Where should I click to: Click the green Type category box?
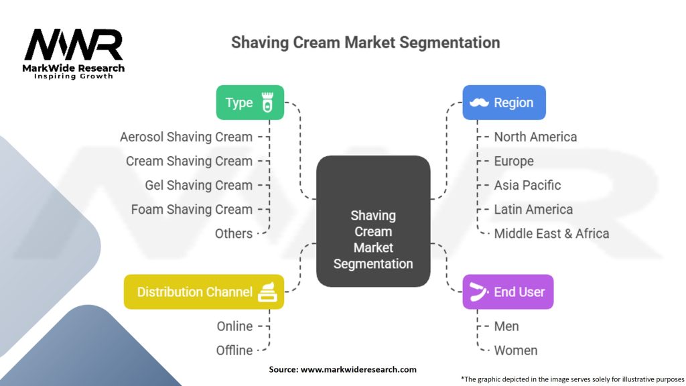[250, 103]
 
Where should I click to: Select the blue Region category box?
[504, 103]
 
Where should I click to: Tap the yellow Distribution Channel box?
[204, 292]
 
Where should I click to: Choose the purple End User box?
[508, 292]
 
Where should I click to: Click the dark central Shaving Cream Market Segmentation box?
[373, 221]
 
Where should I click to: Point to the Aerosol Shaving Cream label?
[186, 137]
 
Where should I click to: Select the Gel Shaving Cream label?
[198, 185]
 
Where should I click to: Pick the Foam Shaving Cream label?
[192, 209]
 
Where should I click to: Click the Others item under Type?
[234, 234]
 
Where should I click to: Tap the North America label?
[535, 137]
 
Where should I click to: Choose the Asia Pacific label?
[527, 185]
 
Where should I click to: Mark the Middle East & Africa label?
[551, 234]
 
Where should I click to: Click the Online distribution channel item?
[234, 326]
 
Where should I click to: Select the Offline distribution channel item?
[234, 350]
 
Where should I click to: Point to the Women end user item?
[515, 350]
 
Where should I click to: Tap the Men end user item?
[506, 326]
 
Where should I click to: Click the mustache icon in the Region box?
[479, 103]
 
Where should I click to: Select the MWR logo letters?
[74, 44]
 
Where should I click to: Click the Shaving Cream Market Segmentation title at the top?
[365, 42]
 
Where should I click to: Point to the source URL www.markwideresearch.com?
[358, 369]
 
